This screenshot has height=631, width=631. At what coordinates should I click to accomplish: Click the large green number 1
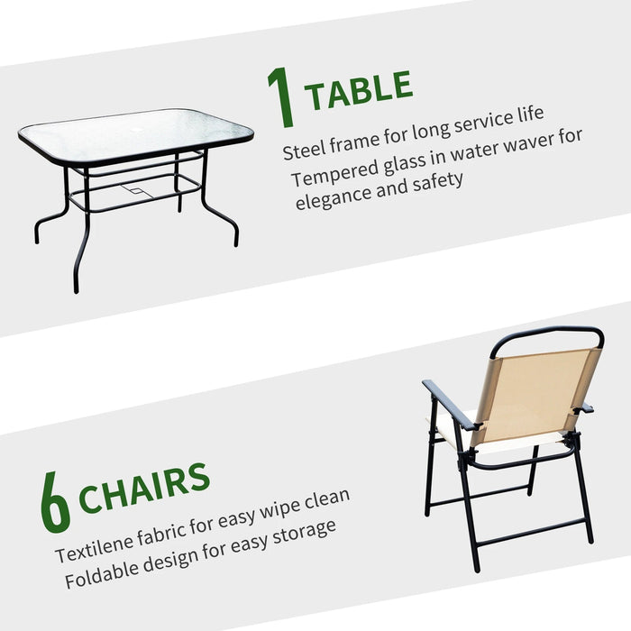pos(281,97)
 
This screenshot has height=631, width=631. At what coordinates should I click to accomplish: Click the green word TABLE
pos(359,90)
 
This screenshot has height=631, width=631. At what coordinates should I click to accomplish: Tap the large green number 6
pos(56,502)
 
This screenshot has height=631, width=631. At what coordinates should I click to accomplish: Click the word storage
pos(304,534)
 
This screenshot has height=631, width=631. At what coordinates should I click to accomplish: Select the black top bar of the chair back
pos(547,334)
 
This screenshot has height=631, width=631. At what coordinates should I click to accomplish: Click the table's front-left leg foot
pos(76,288)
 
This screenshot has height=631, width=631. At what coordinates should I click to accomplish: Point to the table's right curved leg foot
pos(236,241)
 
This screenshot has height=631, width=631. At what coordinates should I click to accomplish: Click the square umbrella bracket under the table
pos(137,191)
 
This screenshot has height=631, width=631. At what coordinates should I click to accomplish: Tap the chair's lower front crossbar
pos(530,534)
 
